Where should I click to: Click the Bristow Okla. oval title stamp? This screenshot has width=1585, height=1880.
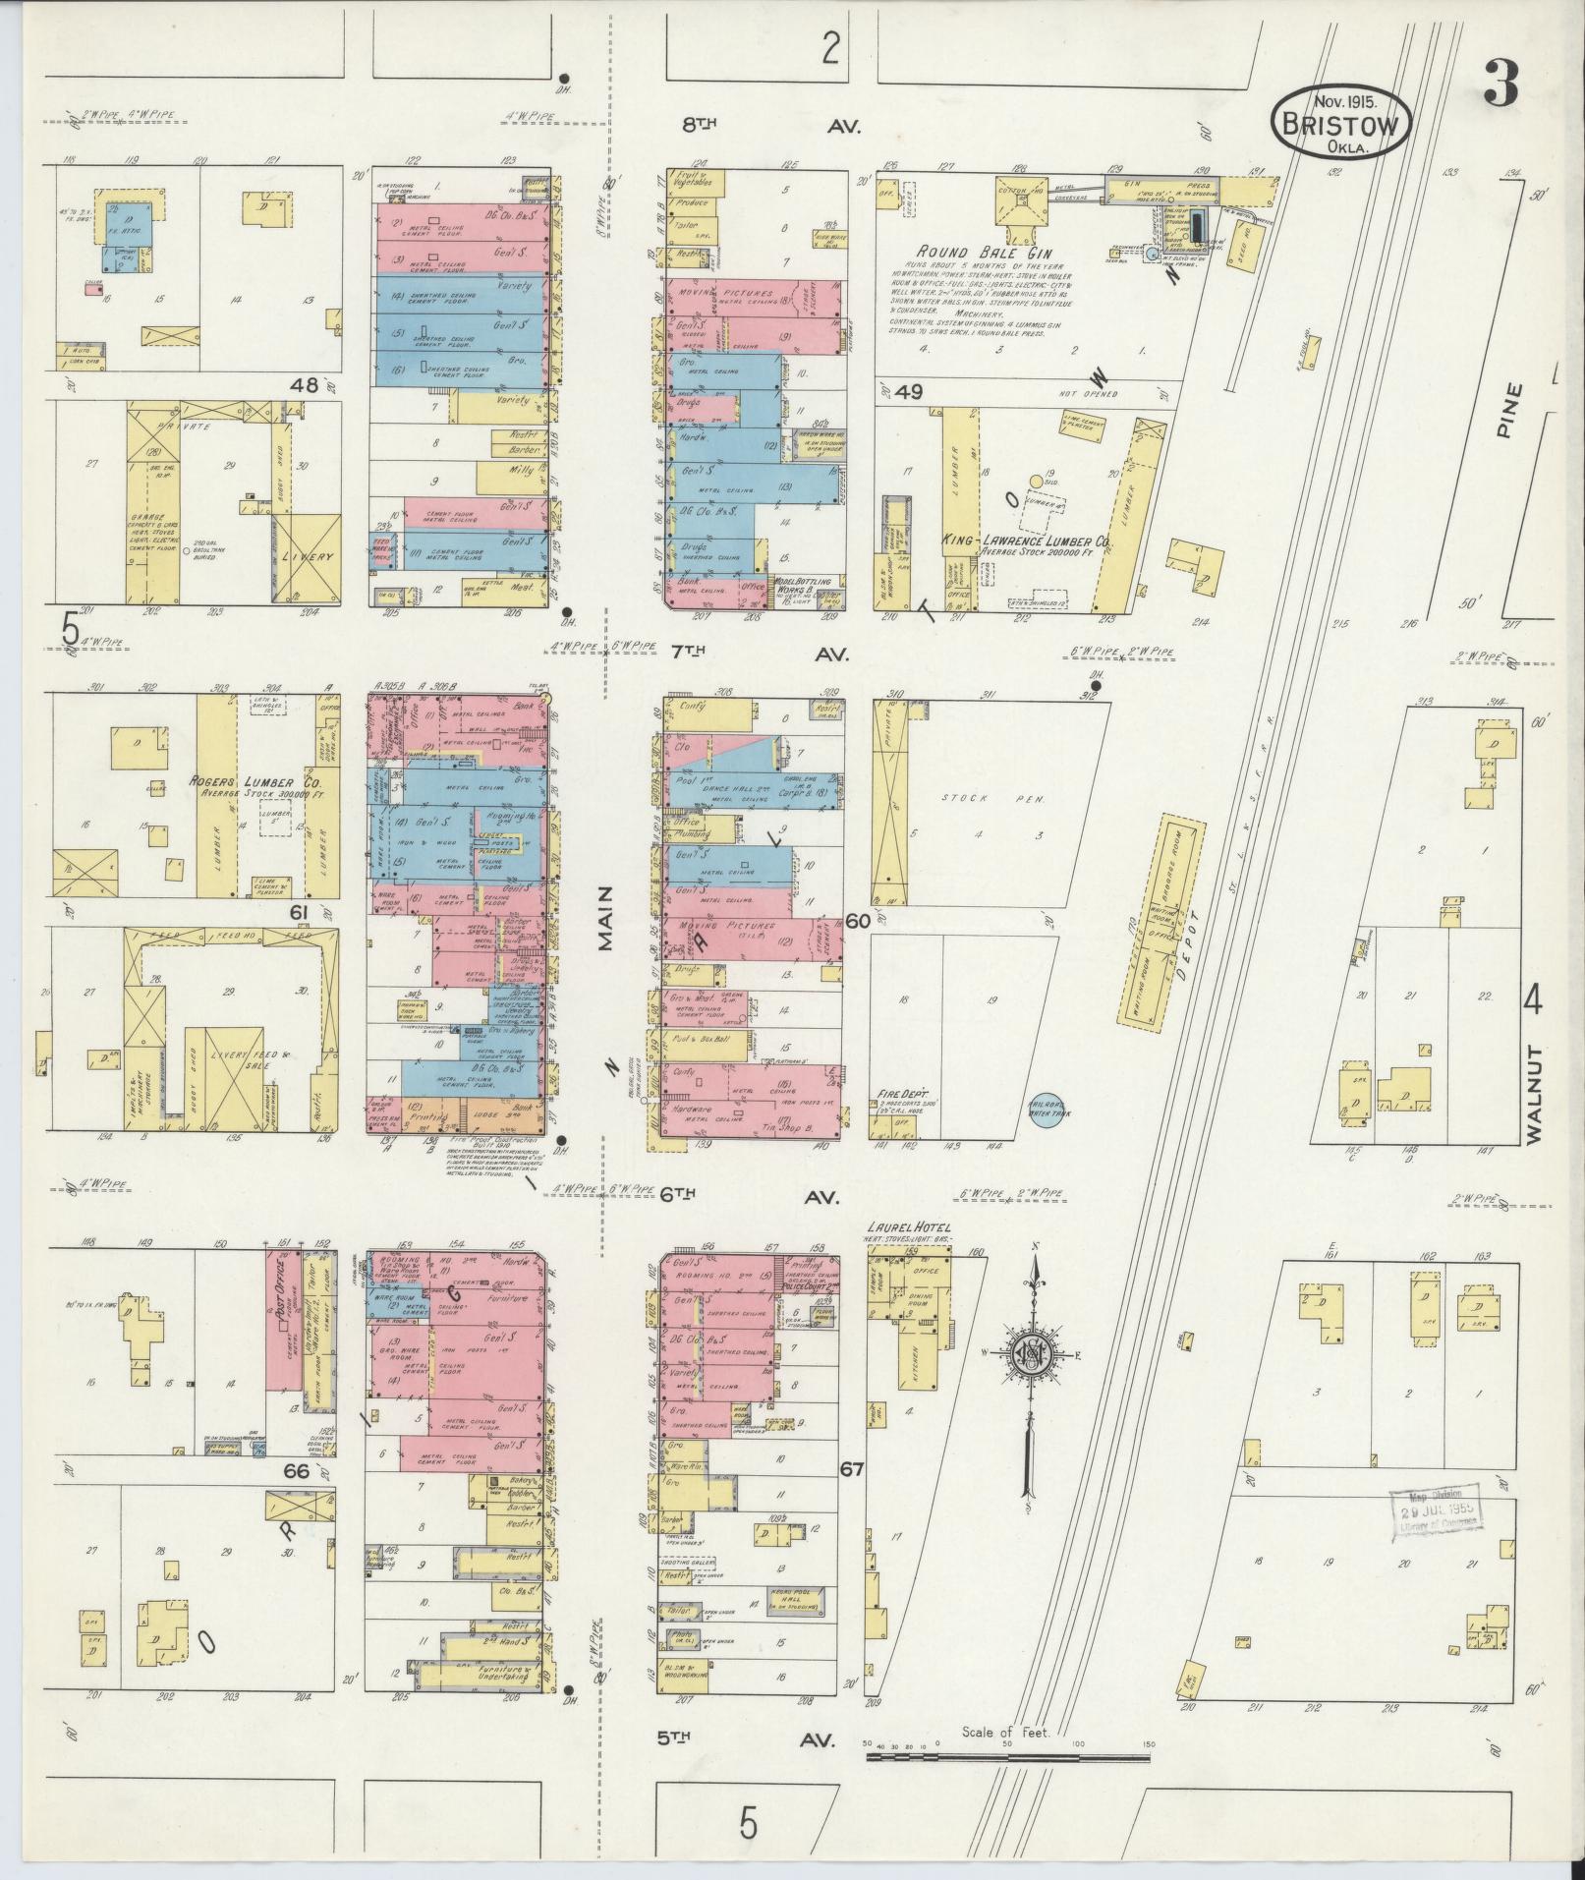(x=1343, y=122)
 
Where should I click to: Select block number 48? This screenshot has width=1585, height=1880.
(x=302, y=386)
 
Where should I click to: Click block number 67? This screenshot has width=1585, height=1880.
(x=851, y=1497)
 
